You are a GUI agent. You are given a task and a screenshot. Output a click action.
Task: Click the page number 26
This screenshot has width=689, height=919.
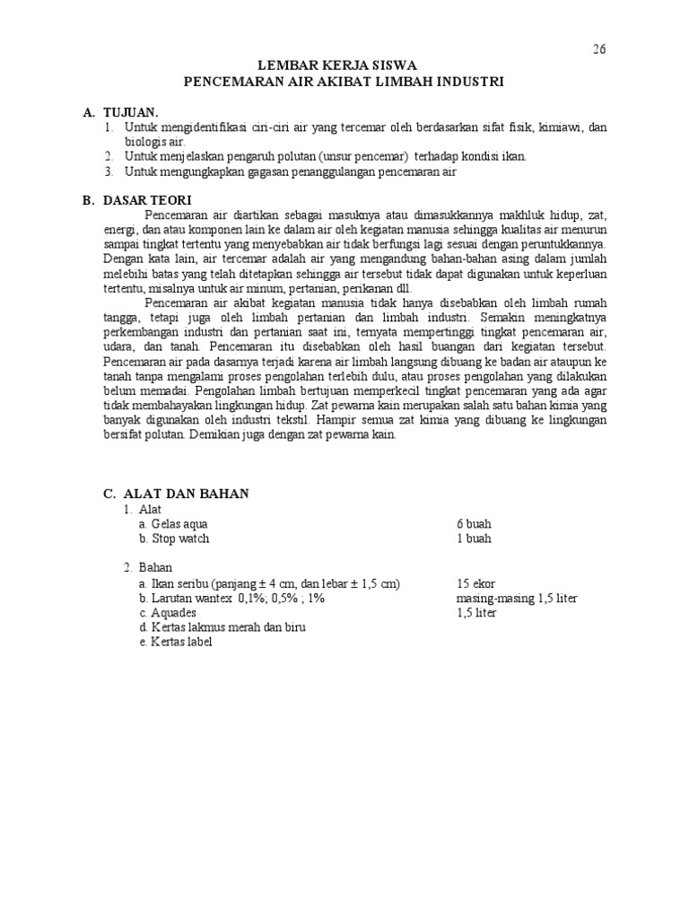pos(599,49)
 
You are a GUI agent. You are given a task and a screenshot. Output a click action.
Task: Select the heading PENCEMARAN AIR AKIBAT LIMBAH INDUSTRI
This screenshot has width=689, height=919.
pos(344,81)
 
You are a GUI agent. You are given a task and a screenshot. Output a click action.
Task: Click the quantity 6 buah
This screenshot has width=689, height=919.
pos(474,524)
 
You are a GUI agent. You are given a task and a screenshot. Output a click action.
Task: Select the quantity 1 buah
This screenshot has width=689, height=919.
pos(474,538)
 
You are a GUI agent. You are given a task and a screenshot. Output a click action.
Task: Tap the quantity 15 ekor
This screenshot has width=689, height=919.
pos(475,583)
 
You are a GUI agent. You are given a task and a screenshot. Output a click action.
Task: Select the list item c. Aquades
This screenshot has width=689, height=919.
pos(167,612)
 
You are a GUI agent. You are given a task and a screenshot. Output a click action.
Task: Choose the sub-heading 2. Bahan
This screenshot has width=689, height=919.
pos(148,568)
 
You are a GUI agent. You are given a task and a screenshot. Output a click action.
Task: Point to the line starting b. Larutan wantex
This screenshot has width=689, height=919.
pos(238,598)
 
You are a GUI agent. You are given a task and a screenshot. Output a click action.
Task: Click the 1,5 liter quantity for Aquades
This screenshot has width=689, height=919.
pos(475,612)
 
